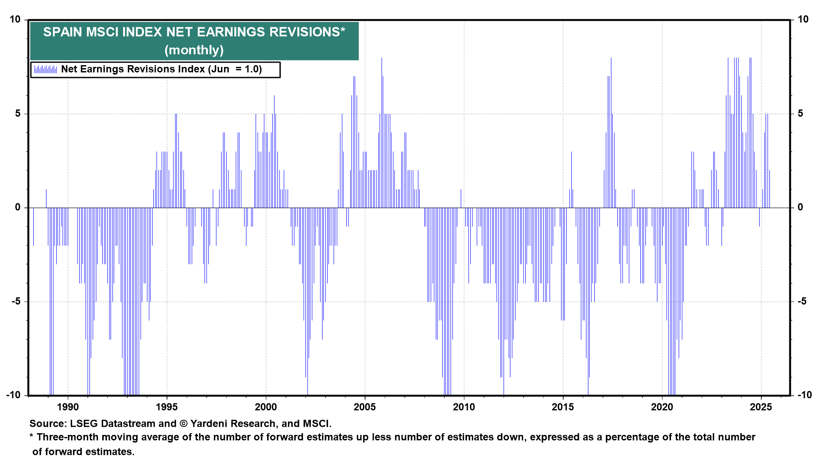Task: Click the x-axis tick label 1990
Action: tap(68, 407)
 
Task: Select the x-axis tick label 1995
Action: tap(167, 407)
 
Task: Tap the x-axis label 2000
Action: tap(266, 407)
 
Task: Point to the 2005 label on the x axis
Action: tap(365, 407)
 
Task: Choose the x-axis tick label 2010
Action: tap(464, 407)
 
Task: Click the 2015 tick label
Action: tap(563, 407)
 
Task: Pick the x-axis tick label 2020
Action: tap(662, 407)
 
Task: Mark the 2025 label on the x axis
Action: tap(761, 407)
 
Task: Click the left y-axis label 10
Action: tap(15, 20)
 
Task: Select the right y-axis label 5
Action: tap(801, 113)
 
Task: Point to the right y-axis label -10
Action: tap(804, 395)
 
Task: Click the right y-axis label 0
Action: tap(801, 207)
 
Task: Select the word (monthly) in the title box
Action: tap(194, 50)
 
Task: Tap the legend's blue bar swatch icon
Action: tap(46, 69)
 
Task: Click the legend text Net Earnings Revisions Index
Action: tap(133, 69)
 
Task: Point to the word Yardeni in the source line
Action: tap(210, 424)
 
